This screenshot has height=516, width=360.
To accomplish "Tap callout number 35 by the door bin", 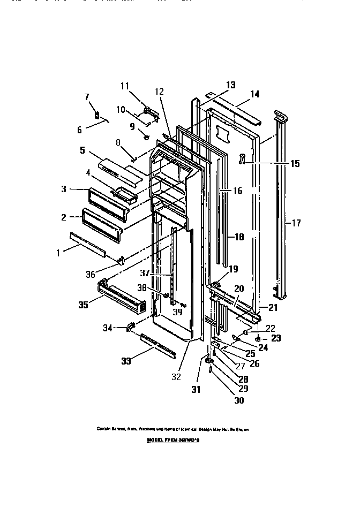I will tap(82, 306).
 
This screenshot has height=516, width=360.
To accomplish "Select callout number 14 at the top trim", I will tap(254, 94).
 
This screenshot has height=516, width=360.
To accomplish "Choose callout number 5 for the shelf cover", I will tap(82, 150).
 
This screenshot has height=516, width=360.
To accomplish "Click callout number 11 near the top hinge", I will tap(125, 86).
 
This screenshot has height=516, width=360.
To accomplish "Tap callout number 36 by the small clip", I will tap(90, 274).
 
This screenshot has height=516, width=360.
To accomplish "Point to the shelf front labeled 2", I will tap(102, 221).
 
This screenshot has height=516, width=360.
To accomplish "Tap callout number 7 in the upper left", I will tap(88, 96).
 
